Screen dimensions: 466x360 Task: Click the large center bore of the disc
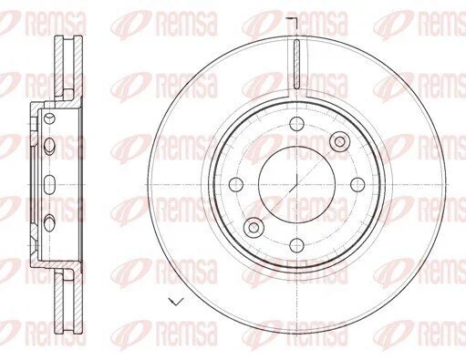296,184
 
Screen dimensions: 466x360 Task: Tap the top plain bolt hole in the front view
296,124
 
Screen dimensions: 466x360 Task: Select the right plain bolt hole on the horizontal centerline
357,184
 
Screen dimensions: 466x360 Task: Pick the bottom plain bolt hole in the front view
296,245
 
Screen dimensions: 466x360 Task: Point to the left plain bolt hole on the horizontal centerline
236,184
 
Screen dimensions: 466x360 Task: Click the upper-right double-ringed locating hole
340,141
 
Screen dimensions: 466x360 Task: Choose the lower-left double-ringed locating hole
254,227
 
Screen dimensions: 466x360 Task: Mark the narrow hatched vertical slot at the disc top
297,64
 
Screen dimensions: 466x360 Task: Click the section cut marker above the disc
292,24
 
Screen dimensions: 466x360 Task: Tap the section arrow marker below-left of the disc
176,302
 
